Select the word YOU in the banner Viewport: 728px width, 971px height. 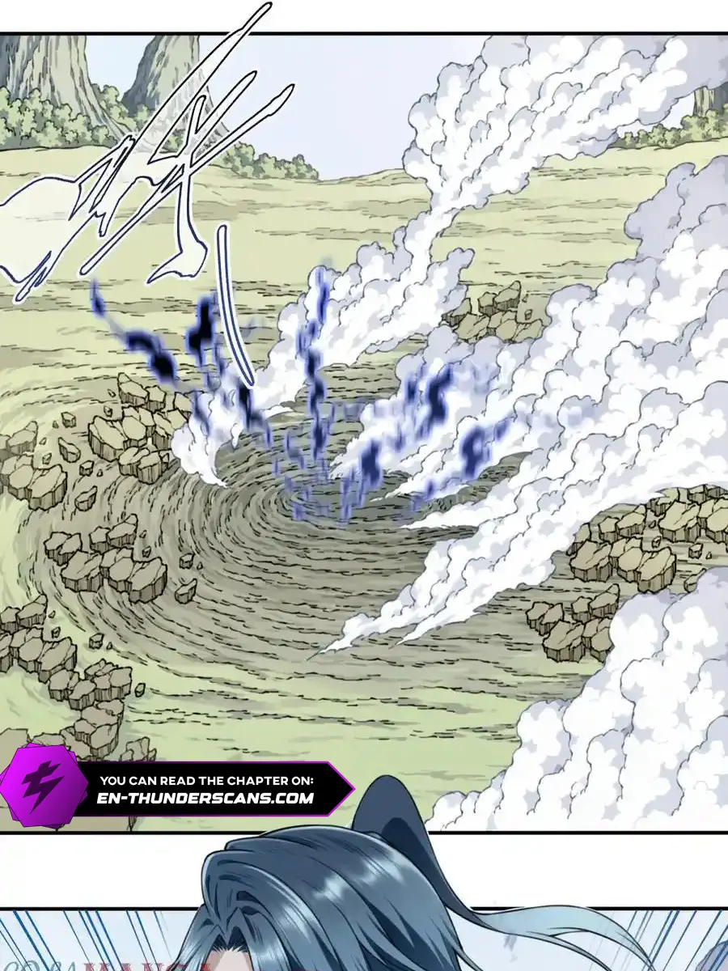[112, 781]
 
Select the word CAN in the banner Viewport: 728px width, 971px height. [146, 781]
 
